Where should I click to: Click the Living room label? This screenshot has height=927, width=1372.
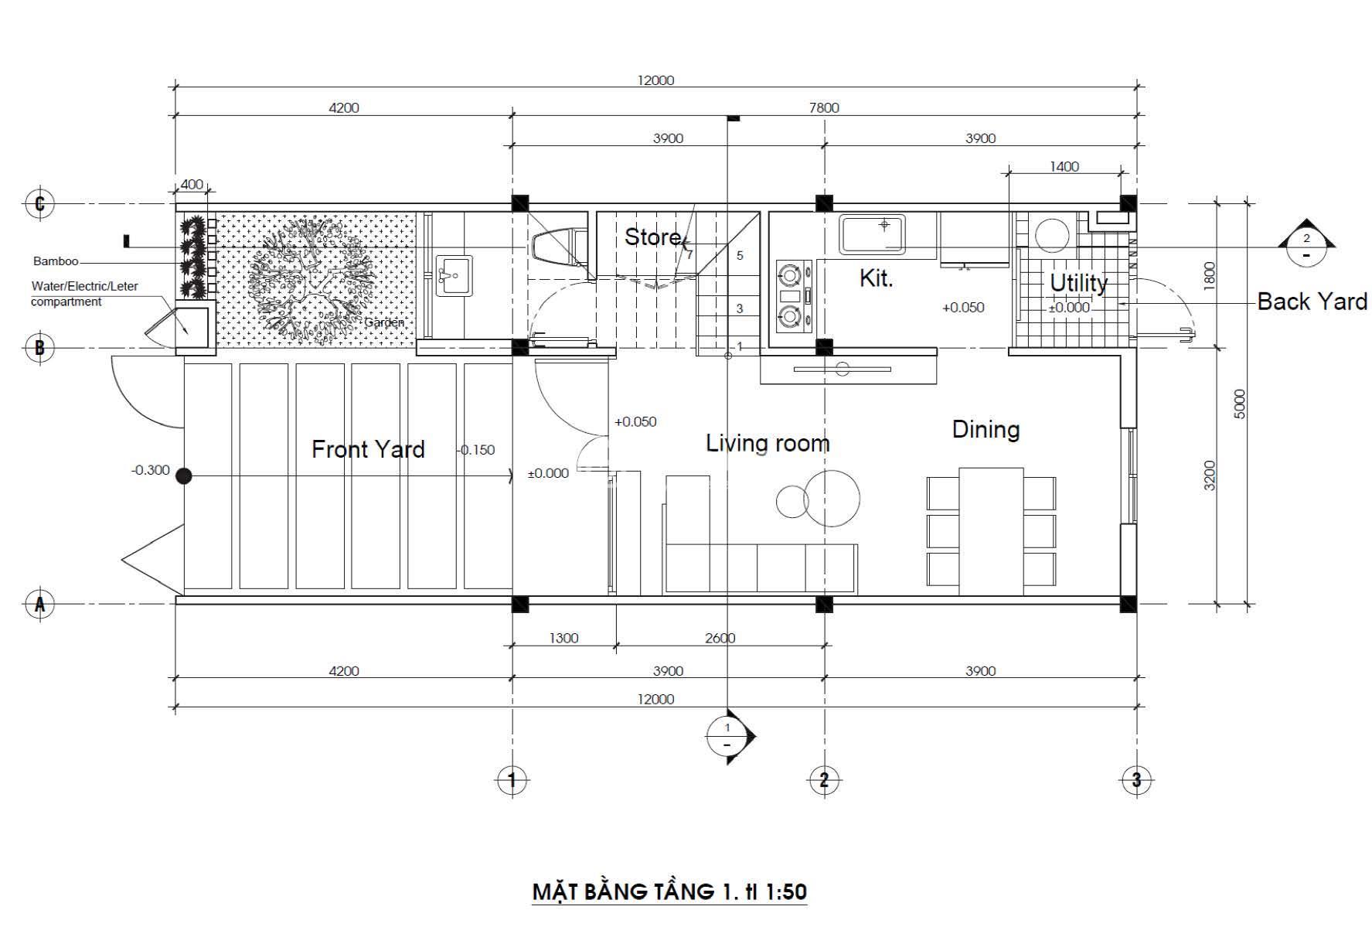(x=768, y=443)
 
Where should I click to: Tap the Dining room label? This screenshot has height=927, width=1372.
(x=986, y=429)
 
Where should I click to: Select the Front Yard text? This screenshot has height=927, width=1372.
(x=368, y=449)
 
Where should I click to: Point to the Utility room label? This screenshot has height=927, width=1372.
(x=1078, y=283)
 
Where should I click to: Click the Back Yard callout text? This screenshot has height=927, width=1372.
(x=1312, y=301)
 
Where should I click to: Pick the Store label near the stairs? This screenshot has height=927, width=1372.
(x=652, y=237)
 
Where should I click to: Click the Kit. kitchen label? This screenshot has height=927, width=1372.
(x=877, y=278)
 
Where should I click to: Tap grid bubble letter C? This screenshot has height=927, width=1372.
(x=40, y=204)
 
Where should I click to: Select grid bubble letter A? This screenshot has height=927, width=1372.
(x=40, y=604)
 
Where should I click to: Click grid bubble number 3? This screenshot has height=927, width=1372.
(x=1135, y=780)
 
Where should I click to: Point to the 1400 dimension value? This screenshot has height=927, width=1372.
(x=1064, y=166)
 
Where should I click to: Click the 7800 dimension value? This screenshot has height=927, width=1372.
(x=824, y=107)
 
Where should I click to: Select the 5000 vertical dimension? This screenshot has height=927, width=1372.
(x=1241, y=404)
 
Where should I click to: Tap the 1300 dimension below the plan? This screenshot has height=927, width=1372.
(x=563, y=638)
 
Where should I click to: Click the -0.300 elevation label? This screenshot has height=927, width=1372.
(x=150, y=470)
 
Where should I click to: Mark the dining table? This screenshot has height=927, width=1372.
(x=991, y=531)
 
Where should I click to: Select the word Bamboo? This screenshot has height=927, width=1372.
(x=56, y=261)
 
